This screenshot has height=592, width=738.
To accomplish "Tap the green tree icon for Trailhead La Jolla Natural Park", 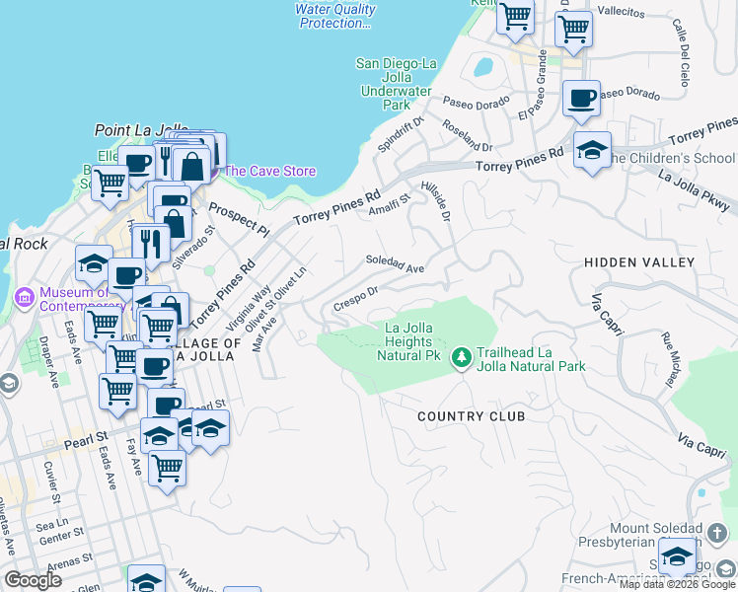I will point(461,354).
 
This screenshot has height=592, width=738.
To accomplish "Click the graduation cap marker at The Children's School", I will point(592,150).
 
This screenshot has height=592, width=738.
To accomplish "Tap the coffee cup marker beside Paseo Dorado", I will point(582,99).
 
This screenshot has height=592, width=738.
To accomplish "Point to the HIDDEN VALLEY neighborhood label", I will point(638,262).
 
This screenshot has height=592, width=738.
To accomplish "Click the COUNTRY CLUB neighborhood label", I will point(471,416).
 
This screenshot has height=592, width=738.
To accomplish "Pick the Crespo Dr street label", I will point(356,296).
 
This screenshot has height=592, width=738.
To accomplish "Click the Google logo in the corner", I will point(34,580).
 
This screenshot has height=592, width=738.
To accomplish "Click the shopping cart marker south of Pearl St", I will point(167,467).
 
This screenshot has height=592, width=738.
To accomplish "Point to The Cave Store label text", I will point(270,171).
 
